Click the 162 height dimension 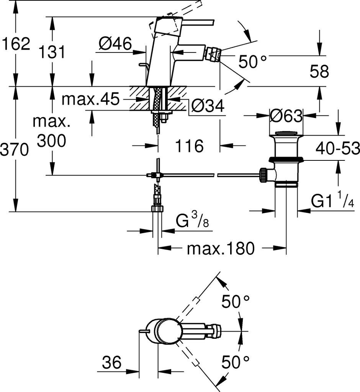(16, 44)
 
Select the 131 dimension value (52, 52)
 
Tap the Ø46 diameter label (115, 44)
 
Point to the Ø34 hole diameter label (208, 106)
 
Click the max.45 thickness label (90, 99)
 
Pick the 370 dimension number (14, 150)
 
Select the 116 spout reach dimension (189, 146)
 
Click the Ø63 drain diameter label (286, 116)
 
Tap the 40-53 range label (337, 148)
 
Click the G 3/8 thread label (192, 220)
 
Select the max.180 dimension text (221, 248)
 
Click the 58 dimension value (319, 71)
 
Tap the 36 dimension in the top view (111, 362)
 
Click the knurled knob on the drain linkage (263, 176)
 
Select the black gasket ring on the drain (286, 159)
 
